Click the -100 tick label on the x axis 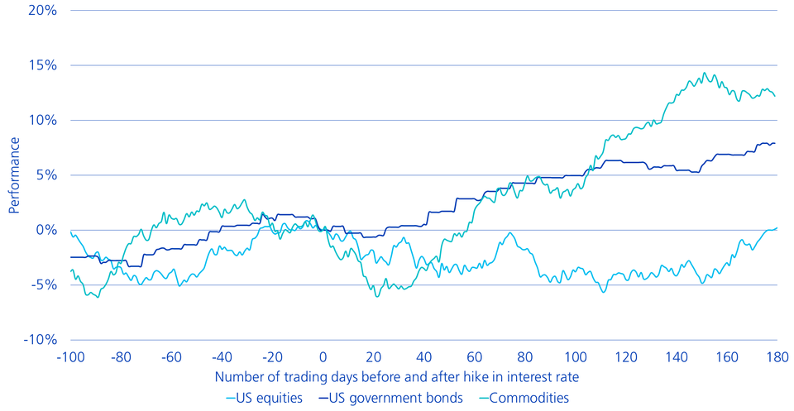click(x=72, y=358)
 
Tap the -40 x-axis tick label click(x=222, y=358)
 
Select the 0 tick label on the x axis click(x=323, y=358)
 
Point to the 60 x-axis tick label click(x=475, y=358)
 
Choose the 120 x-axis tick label click(x=625, y=358)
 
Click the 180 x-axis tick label click(x=776, y=358)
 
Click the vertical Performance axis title click(x=14, y=175)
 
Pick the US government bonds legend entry click(x=394, y=398)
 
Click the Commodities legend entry click(x=524, y=398)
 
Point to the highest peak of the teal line click(x=705, y=73)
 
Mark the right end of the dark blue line click(x=775, y=143)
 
